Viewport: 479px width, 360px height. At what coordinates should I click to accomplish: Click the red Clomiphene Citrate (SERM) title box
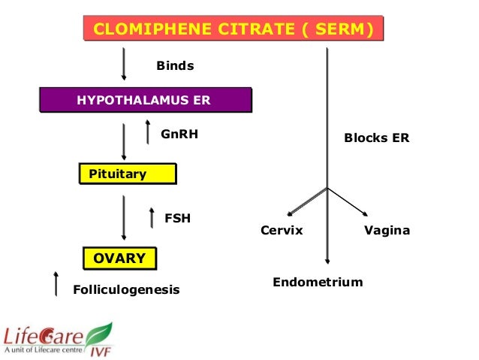pyautogui.click(x=233, y=29)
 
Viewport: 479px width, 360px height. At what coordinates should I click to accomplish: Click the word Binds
pyautogui.click(x=175, y=65)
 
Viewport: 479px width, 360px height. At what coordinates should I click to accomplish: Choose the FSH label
pyautogui.click(x=177, y=219)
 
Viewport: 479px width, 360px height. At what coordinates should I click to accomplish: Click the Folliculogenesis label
pyautogui.click(x=126, y=289)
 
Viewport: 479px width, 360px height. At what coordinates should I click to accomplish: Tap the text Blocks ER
pyautogui.click(x=376, y=138)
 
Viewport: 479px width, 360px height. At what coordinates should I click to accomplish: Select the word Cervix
pyautogui.click(x=282, y=231)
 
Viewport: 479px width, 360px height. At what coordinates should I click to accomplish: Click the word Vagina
pyautogui.click(x=387, y=231)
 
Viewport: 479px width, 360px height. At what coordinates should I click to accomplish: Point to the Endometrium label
pyautogui.click(x=318, y=283)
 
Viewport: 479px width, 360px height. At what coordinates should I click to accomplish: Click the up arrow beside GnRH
pyautogui.click(x=148, y=132)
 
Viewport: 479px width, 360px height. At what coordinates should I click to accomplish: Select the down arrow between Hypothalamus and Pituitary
pyautogui.click(x=124, y=142)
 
